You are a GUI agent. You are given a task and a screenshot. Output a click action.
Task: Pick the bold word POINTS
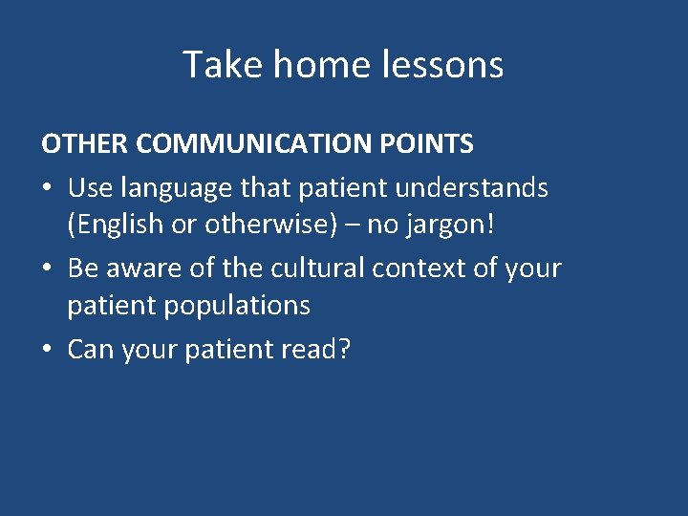click(x=430, y=144)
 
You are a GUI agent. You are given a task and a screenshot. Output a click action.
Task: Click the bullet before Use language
click(x=47, y=188)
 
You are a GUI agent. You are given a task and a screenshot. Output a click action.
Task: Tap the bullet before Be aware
click(x=47, y=269)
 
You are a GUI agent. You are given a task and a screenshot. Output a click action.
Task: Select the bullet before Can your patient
click(x=47, y=351)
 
